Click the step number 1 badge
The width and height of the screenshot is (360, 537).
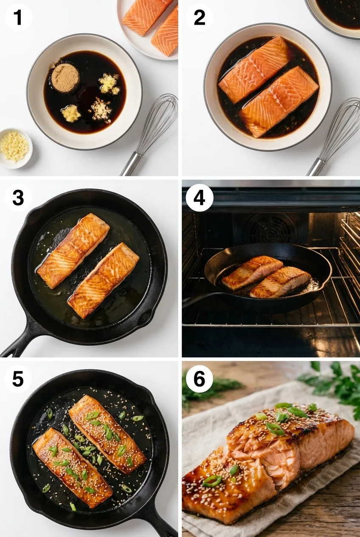click(x=18, y=17)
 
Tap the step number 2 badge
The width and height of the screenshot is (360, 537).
click(x=199, y=17)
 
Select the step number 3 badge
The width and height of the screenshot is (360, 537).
click(x=18, y=198)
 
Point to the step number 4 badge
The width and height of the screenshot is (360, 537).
click(x=199, y=198)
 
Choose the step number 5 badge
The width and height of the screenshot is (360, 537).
click(x=18, y=379)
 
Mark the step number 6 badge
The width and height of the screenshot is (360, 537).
click(x=199, y=379)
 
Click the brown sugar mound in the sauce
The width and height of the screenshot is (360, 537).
click(x=65, y=78)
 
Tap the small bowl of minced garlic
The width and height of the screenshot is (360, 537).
click(x=14, y=147)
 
